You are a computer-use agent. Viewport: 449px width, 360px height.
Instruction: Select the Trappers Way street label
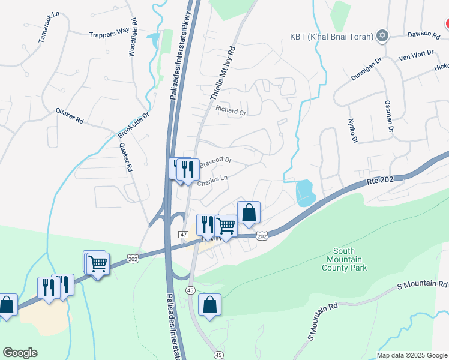tap(109, 35)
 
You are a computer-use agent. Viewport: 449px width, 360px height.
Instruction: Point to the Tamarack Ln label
tap(49, 28)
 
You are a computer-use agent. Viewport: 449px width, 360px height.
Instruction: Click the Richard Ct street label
tap(231, 110)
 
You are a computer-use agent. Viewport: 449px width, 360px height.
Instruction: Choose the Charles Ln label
tap(212, 179)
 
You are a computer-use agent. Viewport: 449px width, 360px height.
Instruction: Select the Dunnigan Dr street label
tap(366, 70)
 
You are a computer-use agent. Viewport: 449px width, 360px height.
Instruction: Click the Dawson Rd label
tap(424, 35)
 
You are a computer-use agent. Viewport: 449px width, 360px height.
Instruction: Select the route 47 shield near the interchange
tap(184, 234)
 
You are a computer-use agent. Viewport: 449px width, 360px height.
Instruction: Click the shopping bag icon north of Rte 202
tap(249, 212)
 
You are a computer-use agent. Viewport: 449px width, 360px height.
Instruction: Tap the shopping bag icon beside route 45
tap(209, 305)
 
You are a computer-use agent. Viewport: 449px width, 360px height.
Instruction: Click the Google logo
tap(20, 353)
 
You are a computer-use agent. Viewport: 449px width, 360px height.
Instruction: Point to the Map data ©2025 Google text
tap(411, 355)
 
